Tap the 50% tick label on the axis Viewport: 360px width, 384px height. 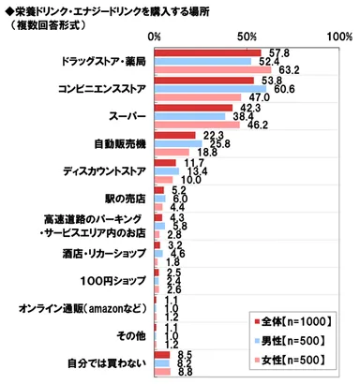(247, 36)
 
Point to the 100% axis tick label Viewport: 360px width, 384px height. (337, 36)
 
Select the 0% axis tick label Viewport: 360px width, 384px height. (156, 36)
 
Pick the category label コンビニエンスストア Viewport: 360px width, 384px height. (97, 90)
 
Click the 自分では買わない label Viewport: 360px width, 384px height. (107, 362)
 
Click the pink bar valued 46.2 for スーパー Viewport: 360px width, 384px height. (197, 125)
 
